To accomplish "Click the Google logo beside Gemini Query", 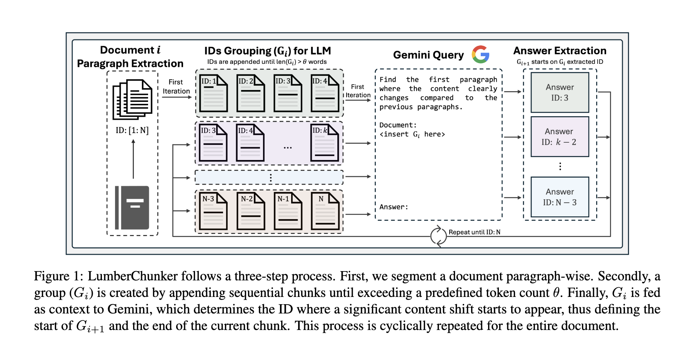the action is pyautogui.click(x=480, y=54).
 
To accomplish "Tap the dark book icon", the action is pyautogui.click(x=132, y=208).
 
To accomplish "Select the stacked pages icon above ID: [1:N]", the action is pyautogui.click(x=132, y=99).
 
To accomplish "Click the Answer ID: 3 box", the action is pyautogui.click(x=560, y=92).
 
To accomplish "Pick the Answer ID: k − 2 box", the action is pyautogui.click(x=560, y=137).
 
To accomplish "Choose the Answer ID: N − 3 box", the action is pyautogui.click(x=560, y=197).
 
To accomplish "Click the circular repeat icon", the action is pyautogui.click(x=438, y=236).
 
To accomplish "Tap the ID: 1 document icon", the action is pyautogui.click(x=213, y=93).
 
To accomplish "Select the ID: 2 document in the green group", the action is pyautogui.click(x=251, y=93).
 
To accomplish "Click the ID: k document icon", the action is pyautogui.click(x=325, y=143).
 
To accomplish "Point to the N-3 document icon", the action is pyautogui.click(x=213, y=211).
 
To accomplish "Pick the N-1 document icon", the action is pyautogui.click(x=288, y=211).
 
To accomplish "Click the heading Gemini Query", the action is pyautogui.click(x=428, y=55).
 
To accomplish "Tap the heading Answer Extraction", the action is pyautogui.click(x=560, y=51).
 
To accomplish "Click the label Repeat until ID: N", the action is pyautogui.click(x=475, y=232).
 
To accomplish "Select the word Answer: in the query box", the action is pyautogui.click(x=394, y=207).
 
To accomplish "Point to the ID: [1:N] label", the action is pyautogui.click(x=132, y=130).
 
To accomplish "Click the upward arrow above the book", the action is pyautogui.click(x=133, y=159).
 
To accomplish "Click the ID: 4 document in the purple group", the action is pyautogui.click(x=250, y=143).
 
